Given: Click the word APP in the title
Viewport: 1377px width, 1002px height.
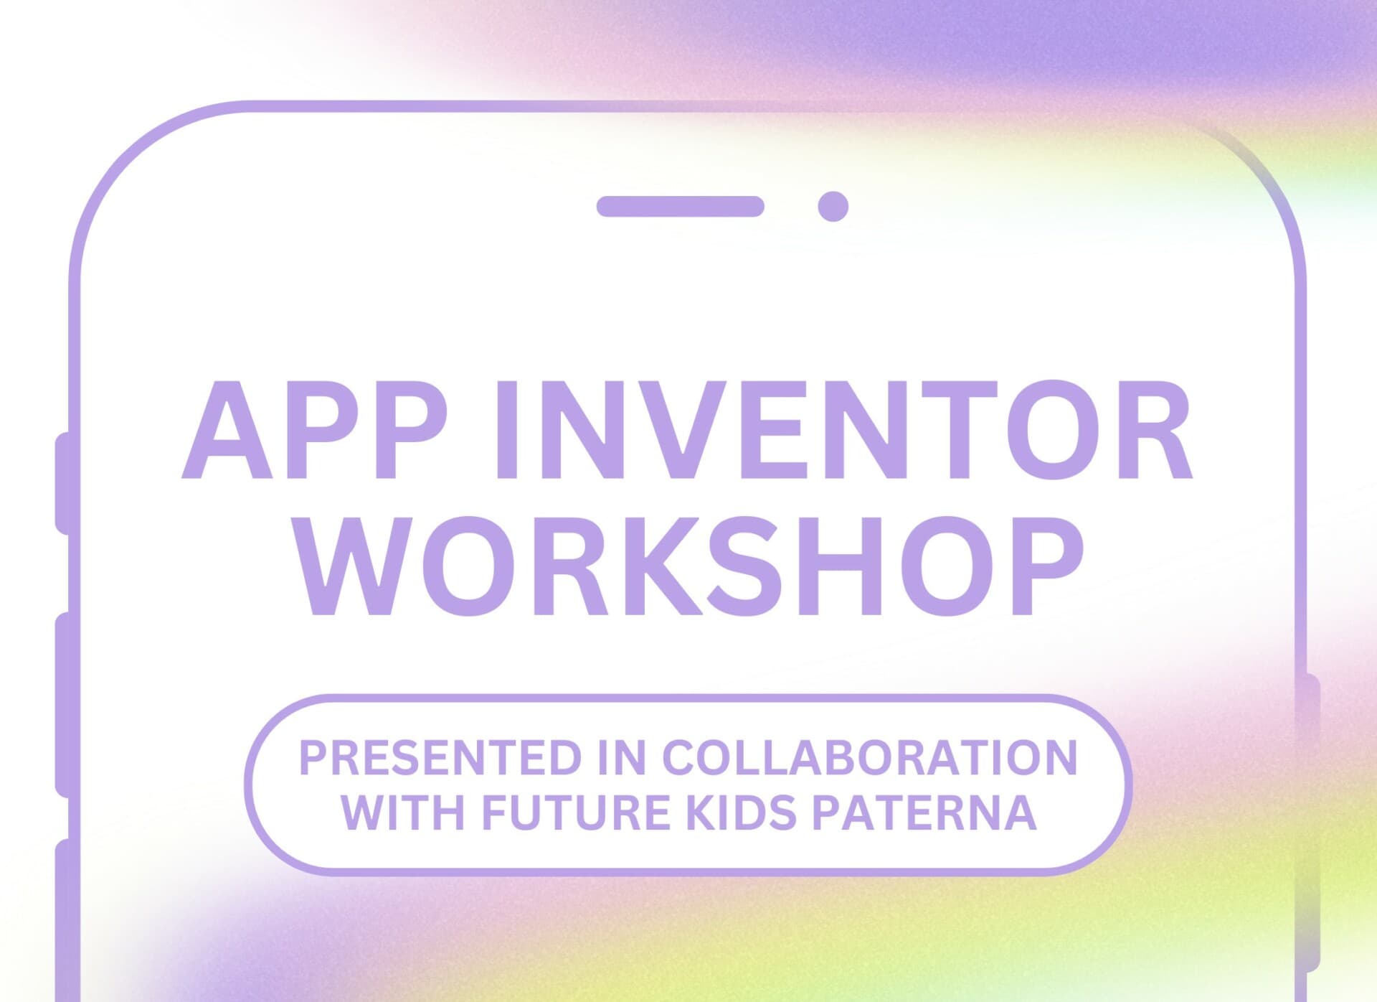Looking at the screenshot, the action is (x=314, y=429).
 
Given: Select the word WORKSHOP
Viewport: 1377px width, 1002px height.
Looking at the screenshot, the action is (x=689, y=566).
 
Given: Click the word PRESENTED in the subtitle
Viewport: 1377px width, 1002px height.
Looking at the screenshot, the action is (x=440, y=758).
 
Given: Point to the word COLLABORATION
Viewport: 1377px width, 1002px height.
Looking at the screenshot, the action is (x=870, y=758).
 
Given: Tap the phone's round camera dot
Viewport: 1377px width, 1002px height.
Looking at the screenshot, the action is (x=833, y=206).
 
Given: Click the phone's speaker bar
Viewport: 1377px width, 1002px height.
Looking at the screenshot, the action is (x=680, y=206).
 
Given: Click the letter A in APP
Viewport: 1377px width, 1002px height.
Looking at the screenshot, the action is (x=227, y=430).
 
